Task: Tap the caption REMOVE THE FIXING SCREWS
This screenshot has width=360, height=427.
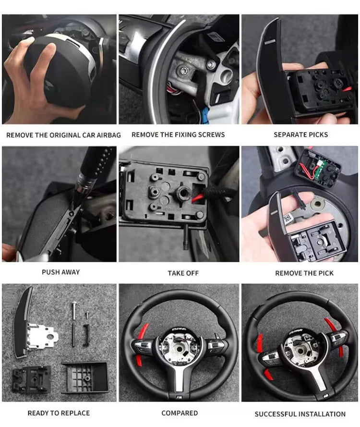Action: [178, 135]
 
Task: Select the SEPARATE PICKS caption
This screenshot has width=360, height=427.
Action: [300, 135]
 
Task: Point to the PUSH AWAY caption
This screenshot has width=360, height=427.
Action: [60, 272]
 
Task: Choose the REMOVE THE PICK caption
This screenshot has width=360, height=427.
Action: [304, 273]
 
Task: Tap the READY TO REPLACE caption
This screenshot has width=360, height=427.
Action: [59, 413]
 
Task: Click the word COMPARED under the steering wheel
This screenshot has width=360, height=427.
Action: [180, 413]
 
